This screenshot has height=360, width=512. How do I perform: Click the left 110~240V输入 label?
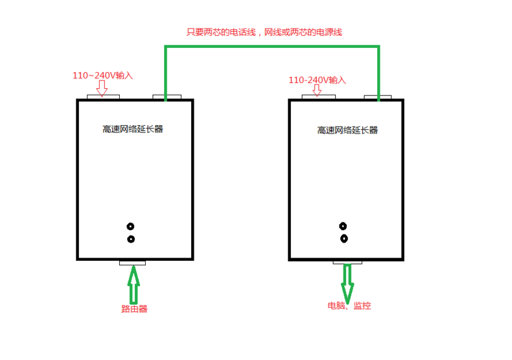[x=102, y=75]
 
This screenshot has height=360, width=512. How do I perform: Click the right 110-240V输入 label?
[x=318, y=80]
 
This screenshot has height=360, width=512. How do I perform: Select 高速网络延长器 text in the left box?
[x=133, y=128]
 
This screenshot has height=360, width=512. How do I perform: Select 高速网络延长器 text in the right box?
[x=347, y=130]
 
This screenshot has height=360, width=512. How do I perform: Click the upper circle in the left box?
[x=131, y=227]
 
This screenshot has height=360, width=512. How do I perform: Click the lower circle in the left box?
[x=131, y=239]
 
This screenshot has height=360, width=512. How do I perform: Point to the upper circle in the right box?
[x=343, y=226]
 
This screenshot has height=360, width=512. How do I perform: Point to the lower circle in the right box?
[x=343, y=238]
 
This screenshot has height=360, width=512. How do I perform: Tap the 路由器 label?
[x=134, y=309]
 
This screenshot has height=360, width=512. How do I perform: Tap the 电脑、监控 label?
[x=349, y=305]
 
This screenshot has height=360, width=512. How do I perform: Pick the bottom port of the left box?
[x=132, y=262]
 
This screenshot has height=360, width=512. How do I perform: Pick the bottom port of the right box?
[x=347, y=261]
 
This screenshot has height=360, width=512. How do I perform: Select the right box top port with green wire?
[x=377, y=97]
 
